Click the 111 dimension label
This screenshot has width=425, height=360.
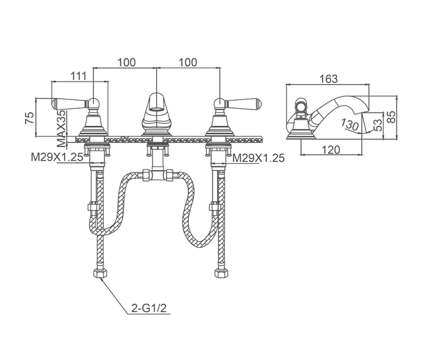click(x=78, y=76)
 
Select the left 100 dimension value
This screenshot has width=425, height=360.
click(x=126, y=63)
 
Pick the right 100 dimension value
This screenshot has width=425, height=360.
click(x=188, y=63)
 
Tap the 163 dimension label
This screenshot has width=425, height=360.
click(x=328, y=79)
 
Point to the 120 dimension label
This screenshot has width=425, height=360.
click(x=331, y=149)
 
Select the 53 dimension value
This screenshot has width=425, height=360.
click(x=378, y=125)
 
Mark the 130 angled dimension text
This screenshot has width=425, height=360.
click(x=350, y=124)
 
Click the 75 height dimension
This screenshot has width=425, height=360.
click(x=30, y=118)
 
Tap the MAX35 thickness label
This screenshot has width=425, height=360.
click(x=61, y=128)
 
